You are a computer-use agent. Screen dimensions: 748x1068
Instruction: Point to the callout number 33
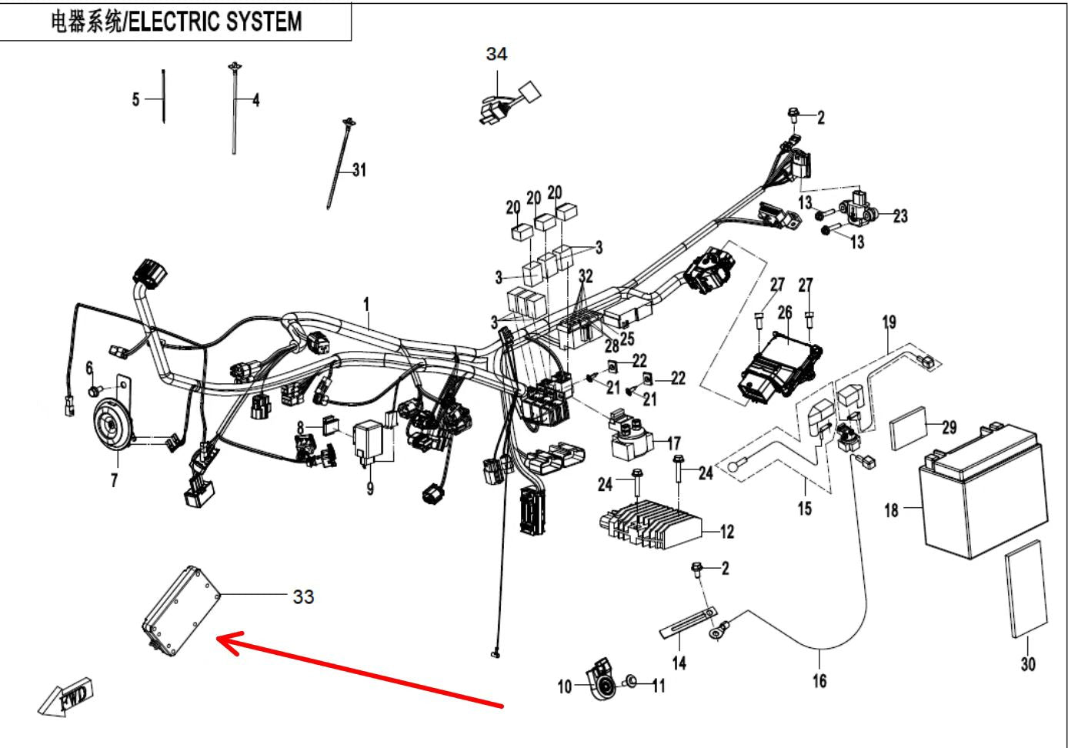pos(303,596)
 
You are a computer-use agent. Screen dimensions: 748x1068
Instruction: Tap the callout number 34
pos(496,54)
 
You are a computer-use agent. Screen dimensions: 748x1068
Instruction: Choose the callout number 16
pos(819,680)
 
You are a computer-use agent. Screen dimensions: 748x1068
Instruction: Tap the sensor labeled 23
pos(857,205)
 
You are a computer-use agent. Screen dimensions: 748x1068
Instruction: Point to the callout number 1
pos(367,305)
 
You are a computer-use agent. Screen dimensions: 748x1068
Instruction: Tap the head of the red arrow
pos(222,639)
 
